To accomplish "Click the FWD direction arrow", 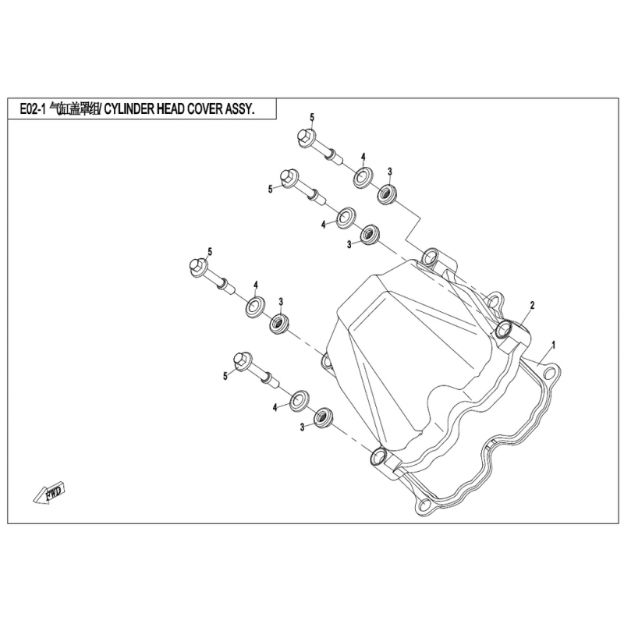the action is click(x=49, y=493).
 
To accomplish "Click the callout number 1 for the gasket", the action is click(x=553, y=345).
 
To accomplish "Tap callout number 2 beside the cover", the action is click(x=532, y=305).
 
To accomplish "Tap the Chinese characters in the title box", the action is click(x=75, y=109).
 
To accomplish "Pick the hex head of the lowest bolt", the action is click(x=243, y=361).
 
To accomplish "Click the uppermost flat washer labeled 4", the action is click(x=363, y=178).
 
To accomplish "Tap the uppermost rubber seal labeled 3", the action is click(x=386, y=195).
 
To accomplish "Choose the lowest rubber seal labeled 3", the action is click(x=324, y=417).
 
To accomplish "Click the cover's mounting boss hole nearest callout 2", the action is click(x=505, y=328).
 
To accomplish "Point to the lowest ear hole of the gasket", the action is click(x=424, y=505).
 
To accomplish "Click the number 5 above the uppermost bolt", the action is click(x=312, y=118).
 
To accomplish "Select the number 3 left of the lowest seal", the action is click(x=303, y=427).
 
